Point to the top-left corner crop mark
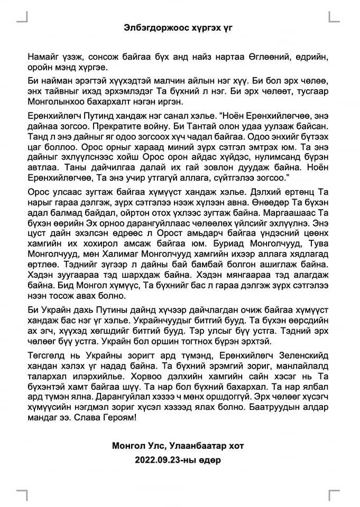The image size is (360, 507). click(23, 16)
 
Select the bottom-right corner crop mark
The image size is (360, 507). click(334, 495)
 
